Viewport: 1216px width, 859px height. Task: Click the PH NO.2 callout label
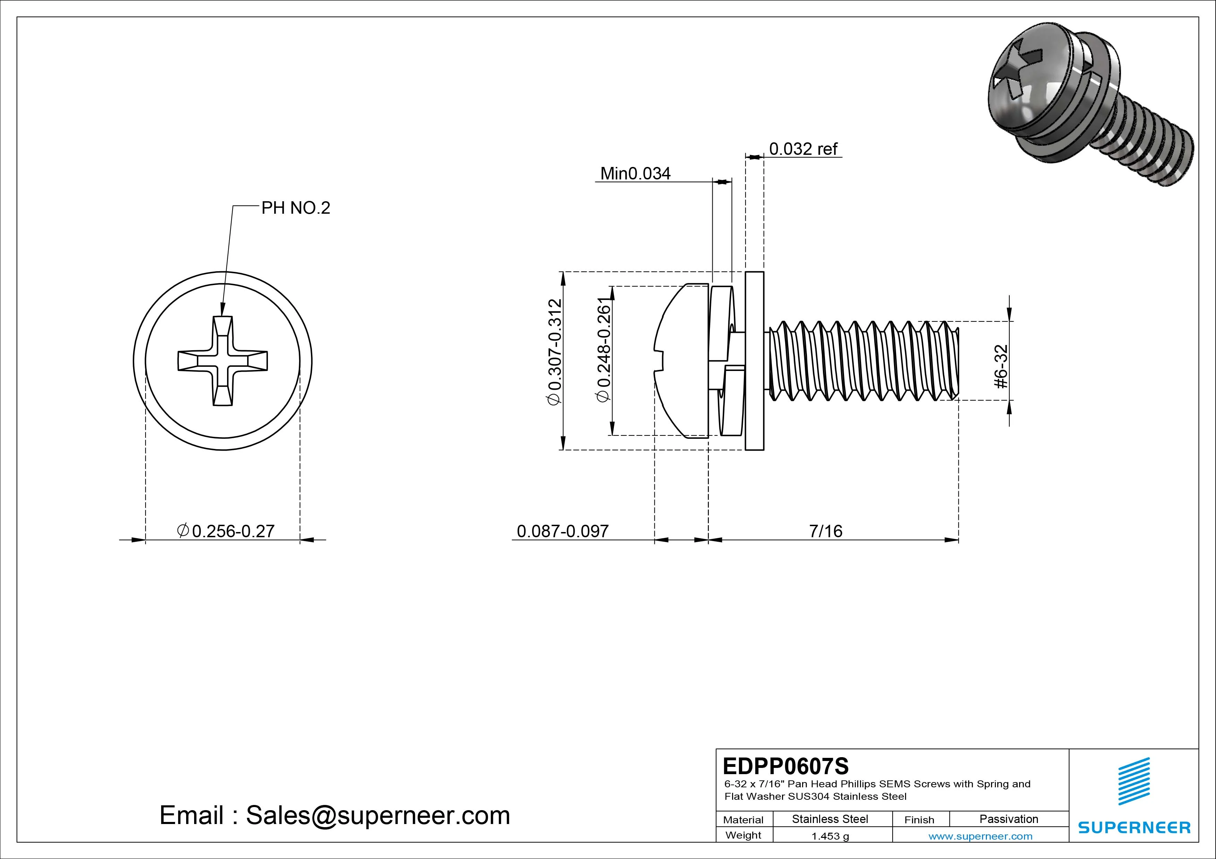tap(296, 208)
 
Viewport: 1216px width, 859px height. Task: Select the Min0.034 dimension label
tap(635, 174)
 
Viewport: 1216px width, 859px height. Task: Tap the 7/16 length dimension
tap(825, 531)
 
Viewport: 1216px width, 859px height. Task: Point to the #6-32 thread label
tap(1001, 367)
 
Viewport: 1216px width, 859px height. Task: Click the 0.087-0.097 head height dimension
tap(563, 531)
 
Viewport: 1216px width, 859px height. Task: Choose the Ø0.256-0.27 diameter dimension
tap(226, 531)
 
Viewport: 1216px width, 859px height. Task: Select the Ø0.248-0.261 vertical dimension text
tap(604, 352)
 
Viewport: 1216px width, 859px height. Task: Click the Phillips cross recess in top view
tap(223, 361)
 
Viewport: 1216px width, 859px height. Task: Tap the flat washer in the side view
tap(754, 361)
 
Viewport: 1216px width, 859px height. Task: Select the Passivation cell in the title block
tap(1008, 819)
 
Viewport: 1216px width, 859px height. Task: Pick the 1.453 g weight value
tap(830, 836)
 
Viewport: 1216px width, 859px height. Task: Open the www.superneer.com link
tap(980, 836)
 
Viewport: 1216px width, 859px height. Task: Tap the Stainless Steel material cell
tap(830, 819)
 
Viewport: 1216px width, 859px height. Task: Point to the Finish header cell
tap(919, 819)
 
